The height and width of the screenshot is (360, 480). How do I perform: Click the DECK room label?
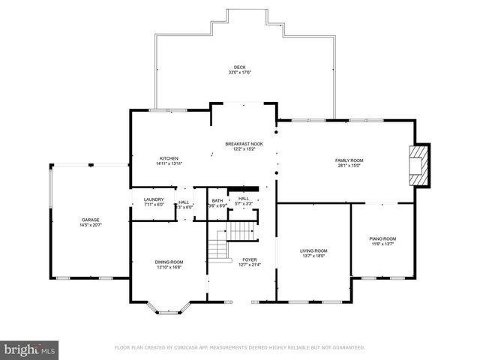tap(240, 67)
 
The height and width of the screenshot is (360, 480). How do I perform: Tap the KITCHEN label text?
tap(169, 158)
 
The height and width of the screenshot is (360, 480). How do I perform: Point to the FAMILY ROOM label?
tap(349, 160)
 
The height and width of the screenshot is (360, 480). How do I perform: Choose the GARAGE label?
tap(91, 220)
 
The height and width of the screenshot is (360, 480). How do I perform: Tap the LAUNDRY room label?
tap(153, 199)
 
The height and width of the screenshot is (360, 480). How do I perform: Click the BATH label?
tap(217, 200)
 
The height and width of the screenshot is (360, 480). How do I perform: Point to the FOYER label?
tap(249, 259)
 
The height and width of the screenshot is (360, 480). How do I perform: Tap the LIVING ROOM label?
tap(313, 250)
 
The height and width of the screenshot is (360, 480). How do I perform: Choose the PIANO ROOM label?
tap(382, 238)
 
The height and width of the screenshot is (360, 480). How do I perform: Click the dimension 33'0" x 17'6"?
tap(240, 73)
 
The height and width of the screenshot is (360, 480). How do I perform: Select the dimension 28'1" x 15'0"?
tap(349, 166)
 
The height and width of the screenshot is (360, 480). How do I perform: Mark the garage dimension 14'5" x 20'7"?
tap(91, 225)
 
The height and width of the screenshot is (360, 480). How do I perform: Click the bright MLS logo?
tap(30, 349)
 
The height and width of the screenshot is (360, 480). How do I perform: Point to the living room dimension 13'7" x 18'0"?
tap(313, 256)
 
